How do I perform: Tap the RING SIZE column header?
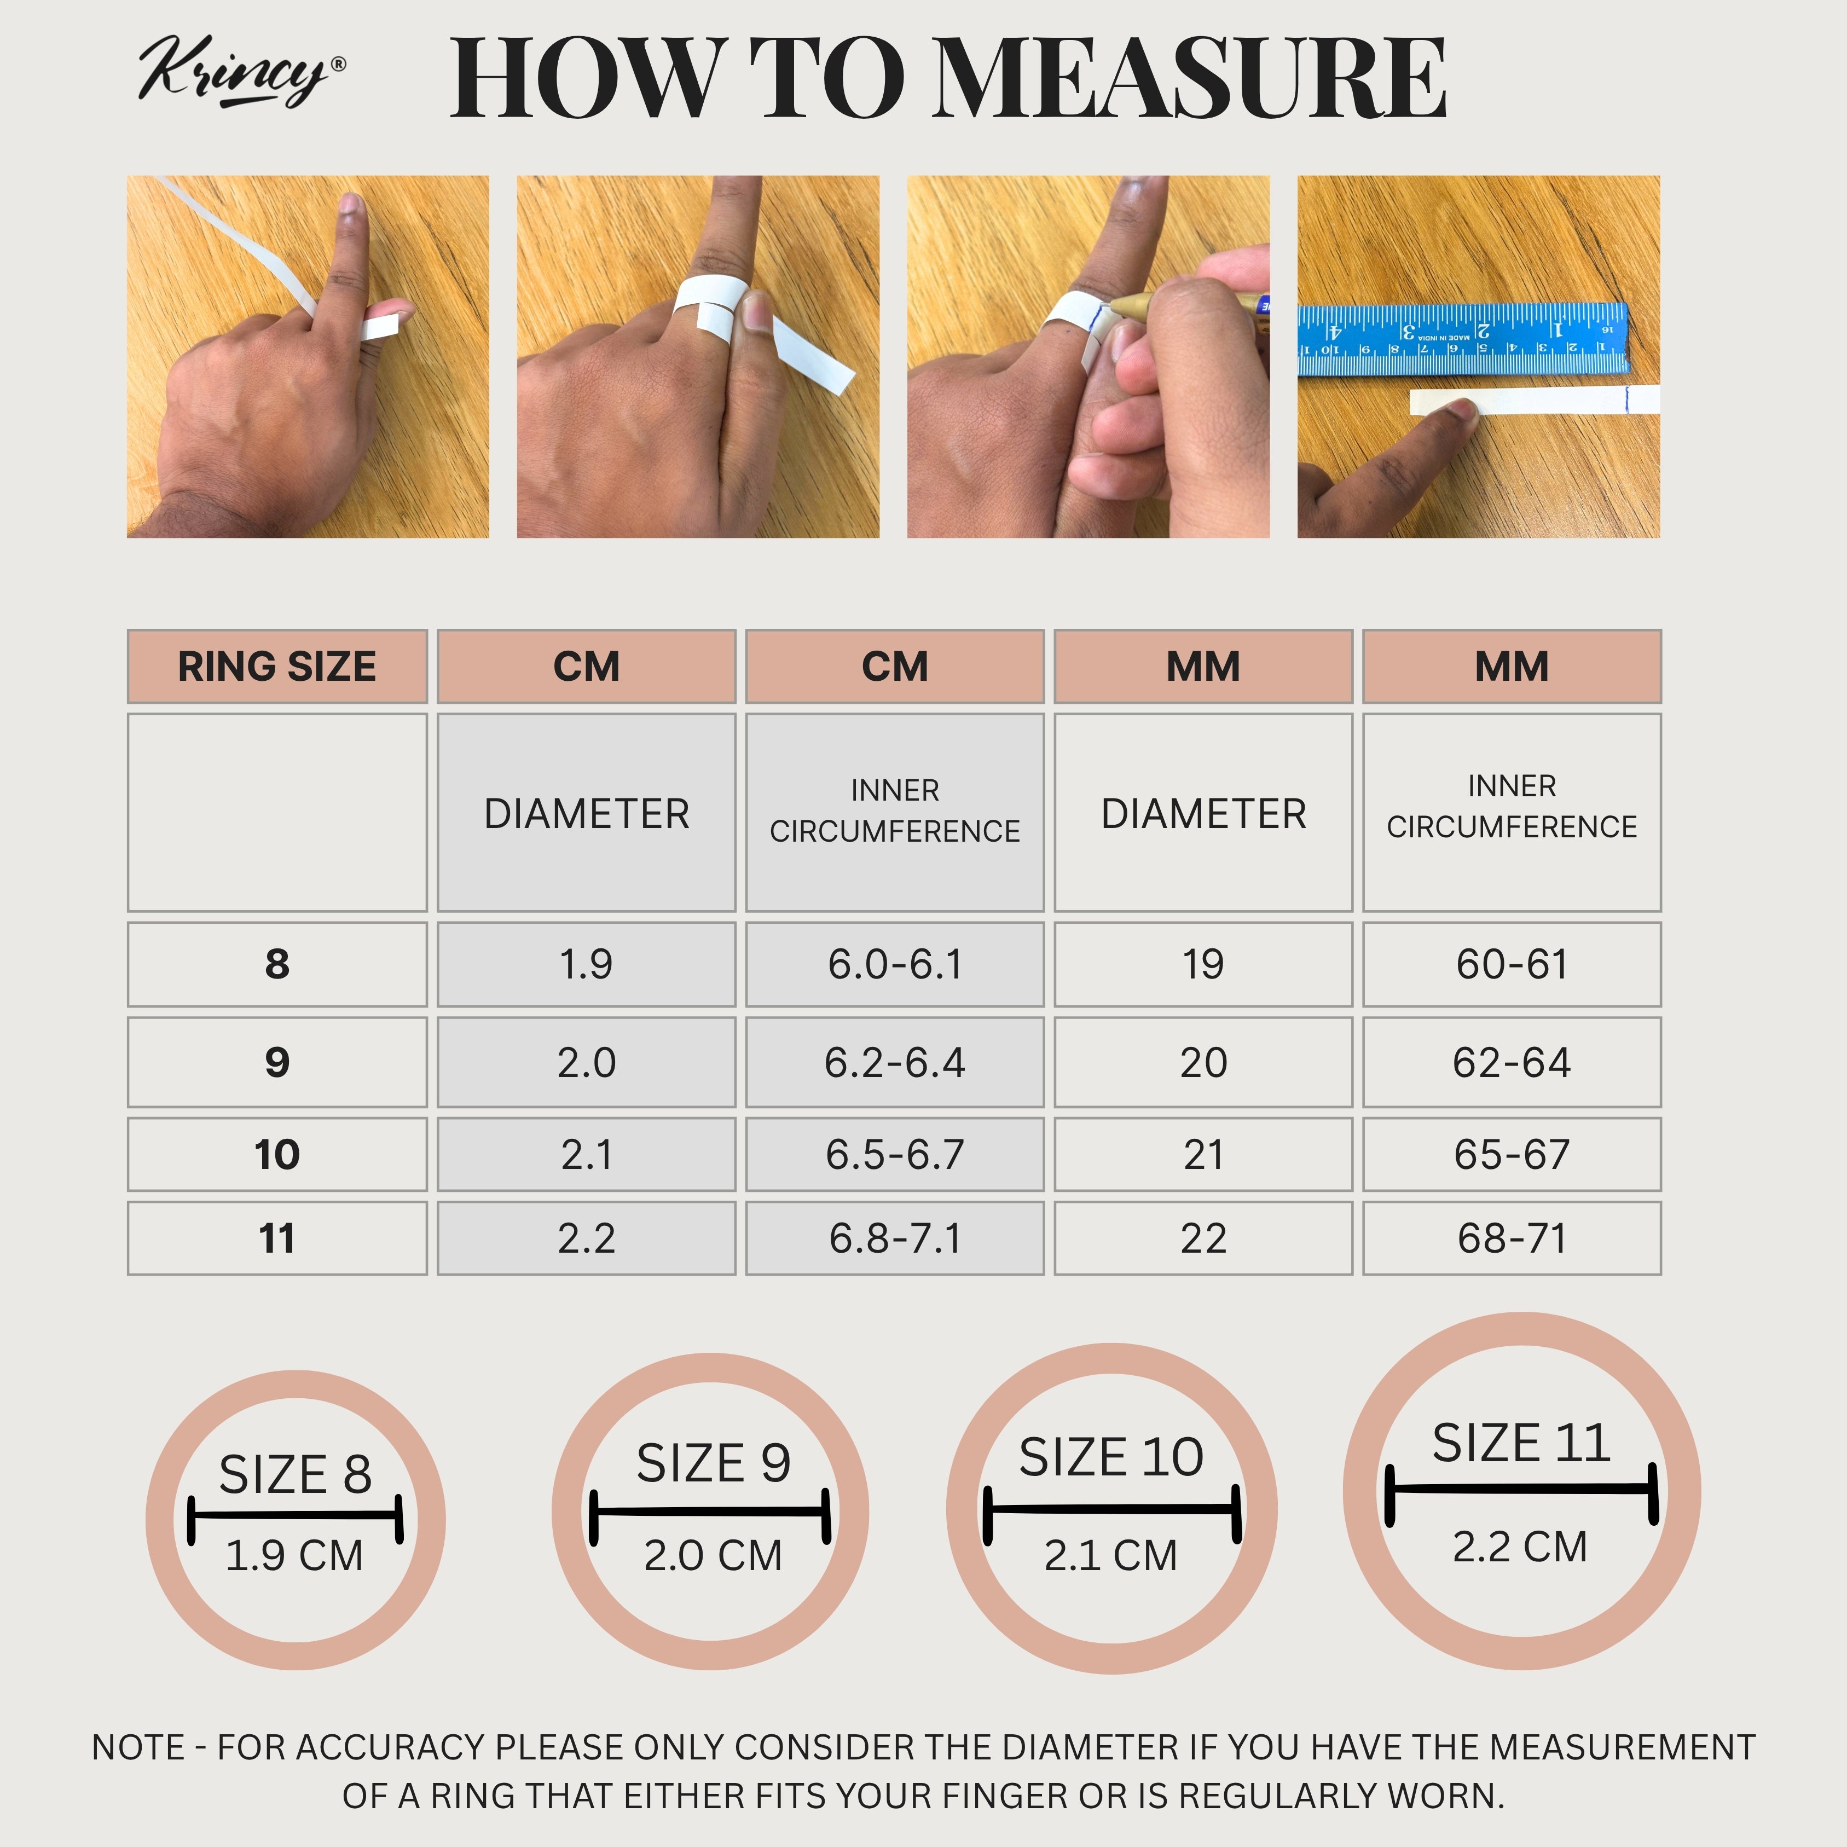(277, 667)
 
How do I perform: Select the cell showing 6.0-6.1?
(895, 964)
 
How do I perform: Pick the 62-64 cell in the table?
(1512, 1062)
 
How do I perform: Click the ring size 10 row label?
(277, 1154)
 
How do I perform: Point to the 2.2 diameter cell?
(586, 1238)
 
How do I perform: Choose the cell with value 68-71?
(1512, 1238)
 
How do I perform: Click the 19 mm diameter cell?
(1203, 964)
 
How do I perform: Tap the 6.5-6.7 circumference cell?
(895, 1154)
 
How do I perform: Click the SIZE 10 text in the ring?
(1111, 1457)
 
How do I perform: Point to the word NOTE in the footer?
(138, 1747)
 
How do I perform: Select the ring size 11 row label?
(277, 1238)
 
